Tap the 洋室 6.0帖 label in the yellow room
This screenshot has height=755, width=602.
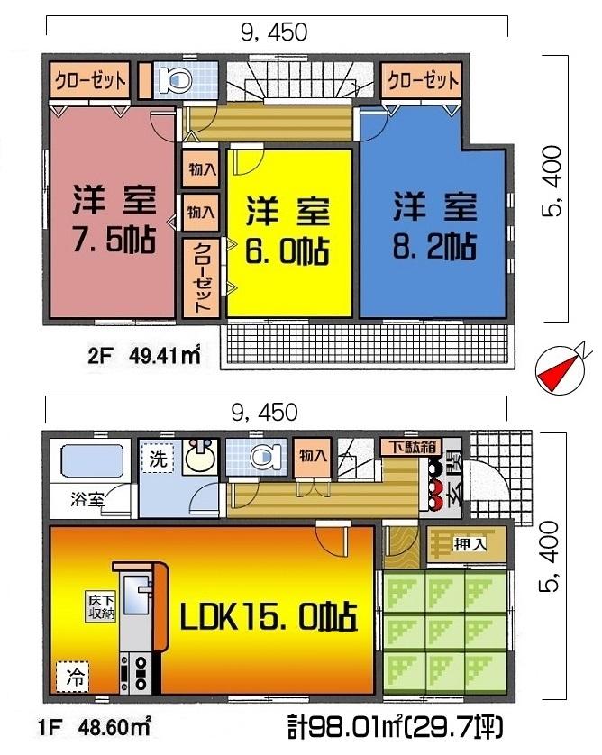pyautogui.click(x=287, y=229)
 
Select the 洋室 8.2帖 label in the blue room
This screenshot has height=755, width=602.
pyautogui.click(x=433, y=225)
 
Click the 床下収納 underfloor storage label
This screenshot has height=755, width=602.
pyautogui.click(x=100, y=605)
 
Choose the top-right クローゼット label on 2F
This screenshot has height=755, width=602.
pyautogui.click(x=423, y=78)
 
